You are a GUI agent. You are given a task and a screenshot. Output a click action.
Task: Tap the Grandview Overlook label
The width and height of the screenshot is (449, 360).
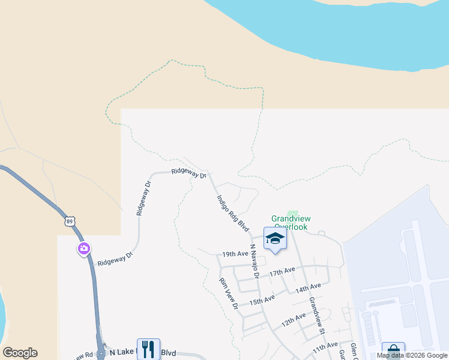[289, 223]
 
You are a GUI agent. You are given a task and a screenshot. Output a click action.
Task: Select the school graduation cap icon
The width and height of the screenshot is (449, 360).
[275, 239]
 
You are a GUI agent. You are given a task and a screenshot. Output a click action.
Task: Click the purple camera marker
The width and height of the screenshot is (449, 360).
[83, 248]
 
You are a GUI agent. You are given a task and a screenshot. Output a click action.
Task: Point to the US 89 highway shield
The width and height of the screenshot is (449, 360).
[70, 221]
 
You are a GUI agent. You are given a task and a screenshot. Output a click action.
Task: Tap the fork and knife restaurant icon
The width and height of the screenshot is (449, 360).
[148, 348]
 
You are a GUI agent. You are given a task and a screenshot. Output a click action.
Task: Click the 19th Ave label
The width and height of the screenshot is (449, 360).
[235, 254]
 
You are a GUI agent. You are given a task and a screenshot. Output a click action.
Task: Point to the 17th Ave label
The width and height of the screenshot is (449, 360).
[282, 272]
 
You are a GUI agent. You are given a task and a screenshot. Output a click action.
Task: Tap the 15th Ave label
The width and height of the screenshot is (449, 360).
[262, 299]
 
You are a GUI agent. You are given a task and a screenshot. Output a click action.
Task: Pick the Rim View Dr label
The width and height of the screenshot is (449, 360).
[229, 294]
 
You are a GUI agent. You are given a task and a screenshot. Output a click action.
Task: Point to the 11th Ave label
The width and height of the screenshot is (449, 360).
[325, 347]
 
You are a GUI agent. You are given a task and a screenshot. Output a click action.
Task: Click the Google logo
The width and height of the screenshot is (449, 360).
[20, 353]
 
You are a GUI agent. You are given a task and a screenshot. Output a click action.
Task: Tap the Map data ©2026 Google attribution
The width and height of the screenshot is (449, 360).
[412, 355]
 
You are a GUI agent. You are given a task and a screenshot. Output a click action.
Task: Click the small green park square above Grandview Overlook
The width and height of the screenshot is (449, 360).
[292, 214]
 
